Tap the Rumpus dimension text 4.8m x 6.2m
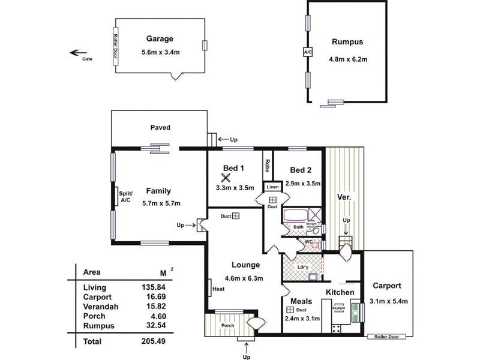(x=348, y=59)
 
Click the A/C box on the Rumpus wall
(x=308, y=53)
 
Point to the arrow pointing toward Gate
(x=77, y=52)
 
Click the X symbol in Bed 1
(x=226, y=178)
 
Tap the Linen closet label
(x=272, y=187)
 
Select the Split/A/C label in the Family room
(x=125, y=196)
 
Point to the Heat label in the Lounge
(x=218, y=289)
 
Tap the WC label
(x=309, y=242)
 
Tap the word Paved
(x=160, y=127)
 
